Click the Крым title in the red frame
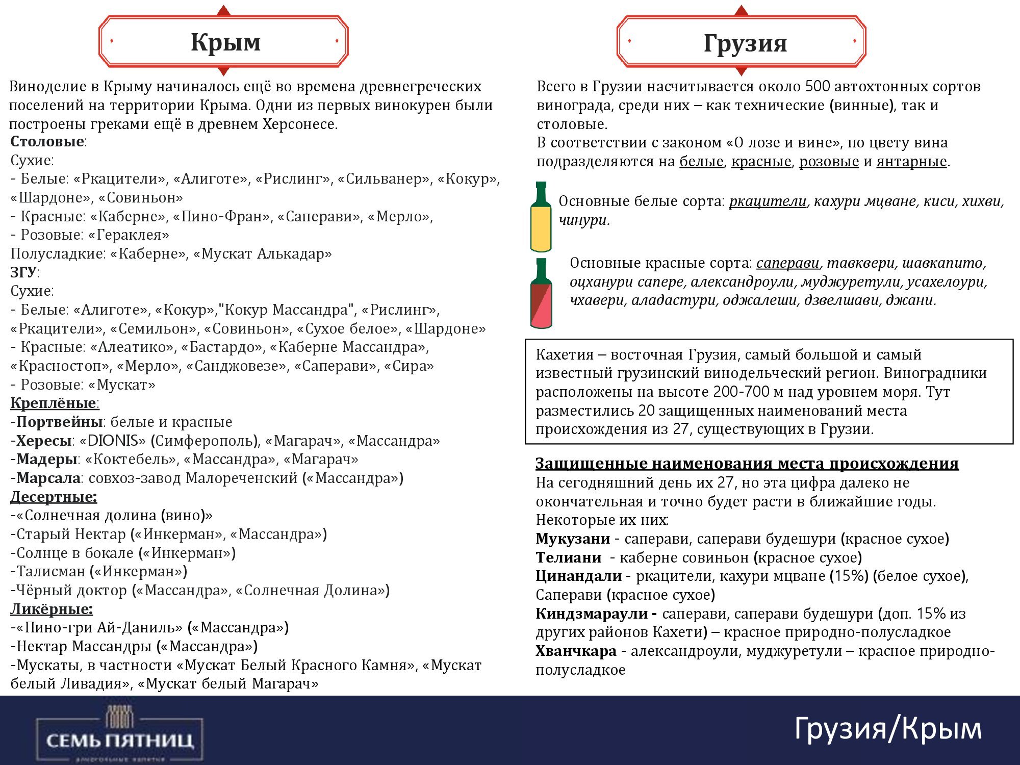(x=225, y=42)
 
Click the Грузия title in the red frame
(x=745, y=43)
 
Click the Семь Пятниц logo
(x=120, y=735)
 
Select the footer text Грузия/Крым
(x=887, y=728)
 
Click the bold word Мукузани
(x=572, y=539)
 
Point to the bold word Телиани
(x=568, y=557)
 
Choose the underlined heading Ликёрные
(x=52, y=609)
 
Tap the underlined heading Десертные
(x=54, y=497)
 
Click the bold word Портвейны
(x=60, y=422)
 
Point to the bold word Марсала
(x=48, y=478)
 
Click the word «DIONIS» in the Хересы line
(x=113, y=441)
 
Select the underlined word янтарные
(x=911, y=161)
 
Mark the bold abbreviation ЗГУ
(x=23, y=272)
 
